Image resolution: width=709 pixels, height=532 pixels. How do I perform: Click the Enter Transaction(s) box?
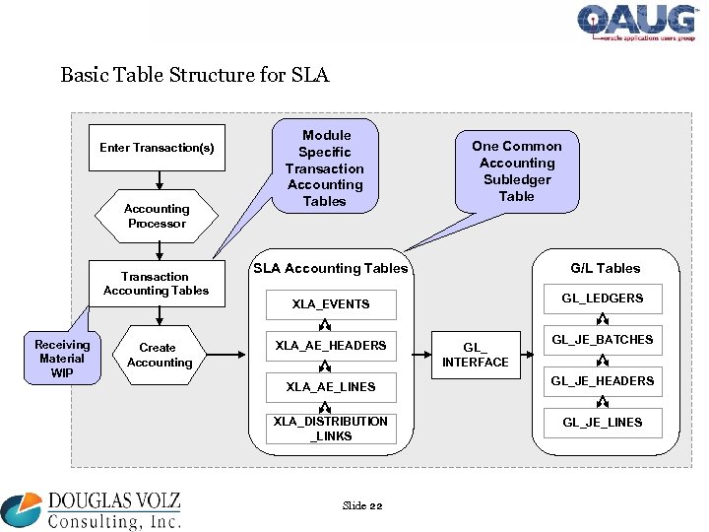(157, 148)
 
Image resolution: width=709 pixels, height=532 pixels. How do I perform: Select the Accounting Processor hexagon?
(157, 216)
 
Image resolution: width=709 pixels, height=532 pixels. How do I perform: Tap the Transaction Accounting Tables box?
(157, 284)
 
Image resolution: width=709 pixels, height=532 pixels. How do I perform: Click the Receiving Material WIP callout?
(62, 358)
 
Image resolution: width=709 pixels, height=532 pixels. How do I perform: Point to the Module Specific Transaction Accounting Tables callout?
(325, 168)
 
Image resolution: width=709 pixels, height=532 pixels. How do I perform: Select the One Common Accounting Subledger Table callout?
(517, 170)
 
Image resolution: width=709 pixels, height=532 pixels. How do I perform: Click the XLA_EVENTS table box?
(331, 304)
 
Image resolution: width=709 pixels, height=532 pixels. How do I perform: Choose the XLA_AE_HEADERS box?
(331, 346)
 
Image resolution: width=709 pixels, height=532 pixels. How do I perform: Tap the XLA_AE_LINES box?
(331, 387)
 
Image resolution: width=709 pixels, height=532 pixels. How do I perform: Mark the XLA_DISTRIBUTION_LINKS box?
(331, 429)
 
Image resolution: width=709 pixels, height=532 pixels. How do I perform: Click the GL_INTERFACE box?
(476, 355)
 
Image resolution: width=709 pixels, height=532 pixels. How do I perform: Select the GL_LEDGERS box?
(603, 299)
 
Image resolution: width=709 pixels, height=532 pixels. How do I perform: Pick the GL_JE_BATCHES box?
(603, 340)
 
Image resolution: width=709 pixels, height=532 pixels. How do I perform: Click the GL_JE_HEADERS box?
(603, 381)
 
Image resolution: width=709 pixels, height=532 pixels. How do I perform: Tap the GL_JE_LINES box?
(603, 423)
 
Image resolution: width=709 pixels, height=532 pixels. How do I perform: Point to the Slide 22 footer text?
(361, 505)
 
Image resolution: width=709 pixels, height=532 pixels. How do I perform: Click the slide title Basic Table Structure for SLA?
(195, 75)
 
